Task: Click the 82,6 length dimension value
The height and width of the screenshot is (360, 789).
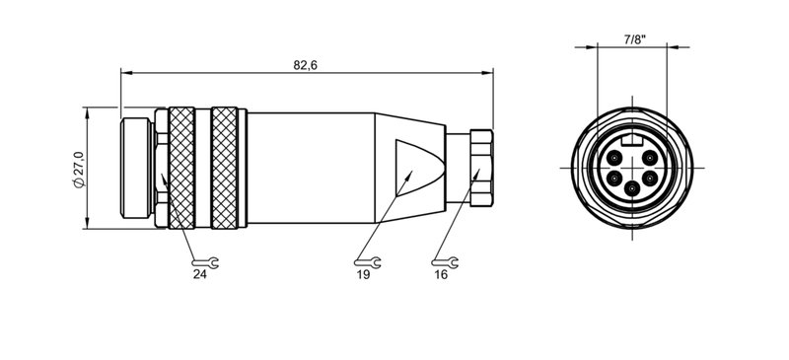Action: point(306,64)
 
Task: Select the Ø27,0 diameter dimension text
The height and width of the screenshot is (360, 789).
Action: point(79,169)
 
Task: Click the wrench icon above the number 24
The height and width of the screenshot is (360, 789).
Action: point(203,261)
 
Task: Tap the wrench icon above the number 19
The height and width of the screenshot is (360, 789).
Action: point(363,261)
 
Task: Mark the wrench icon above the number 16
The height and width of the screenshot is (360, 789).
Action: point(443,261)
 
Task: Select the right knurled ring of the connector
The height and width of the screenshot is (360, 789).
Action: point(226,168)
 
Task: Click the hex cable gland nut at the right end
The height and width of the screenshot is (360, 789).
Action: point(480,167)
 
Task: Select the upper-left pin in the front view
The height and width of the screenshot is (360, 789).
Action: point(614,158)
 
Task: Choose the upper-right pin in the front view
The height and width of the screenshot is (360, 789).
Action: point(650,158)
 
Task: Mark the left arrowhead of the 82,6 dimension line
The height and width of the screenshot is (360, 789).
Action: point(125,72)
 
